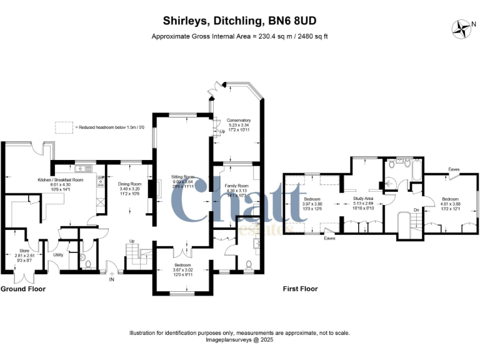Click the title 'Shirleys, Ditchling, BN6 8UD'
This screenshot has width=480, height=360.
(240, 21)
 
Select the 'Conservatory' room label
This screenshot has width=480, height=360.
(239, 120)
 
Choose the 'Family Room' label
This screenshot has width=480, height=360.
(237, 186)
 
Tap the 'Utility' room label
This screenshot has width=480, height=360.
(58, 255)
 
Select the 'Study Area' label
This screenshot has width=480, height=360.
(362, 199)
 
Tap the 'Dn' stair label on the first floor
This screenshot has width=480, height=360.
(416, 210)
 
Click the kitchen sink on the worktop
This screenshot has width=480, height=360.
(82, 169)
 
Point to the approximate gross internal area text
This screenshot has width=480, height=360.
(240, 36)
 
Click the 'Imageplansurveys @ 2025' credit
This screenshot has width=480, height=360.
(240, 340)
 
